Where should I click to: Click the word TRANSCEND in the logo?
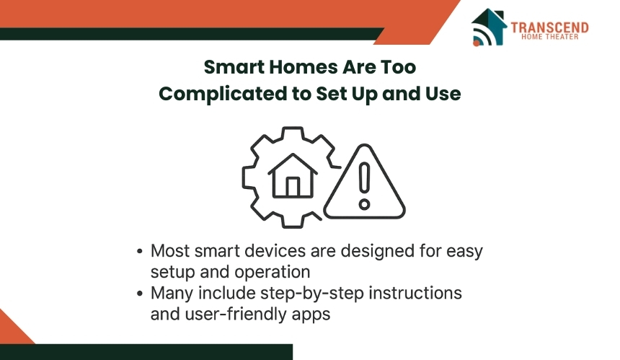pos(549,27)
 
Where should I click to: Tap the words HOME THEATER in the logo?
pos(549,37)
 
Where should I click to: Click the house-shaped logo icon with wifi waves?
pos(489,27)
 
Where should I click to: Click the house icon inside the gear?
pos(293,176)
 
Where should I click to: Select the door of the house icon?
pos(293,187)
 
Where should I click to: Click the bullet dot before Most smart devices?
pos(139,252)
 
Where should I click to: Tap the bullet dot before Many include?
pos(139,294)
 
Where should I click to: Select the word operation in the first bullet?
pos(272,272)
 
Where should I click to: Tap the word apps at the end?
pos(311,315)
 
